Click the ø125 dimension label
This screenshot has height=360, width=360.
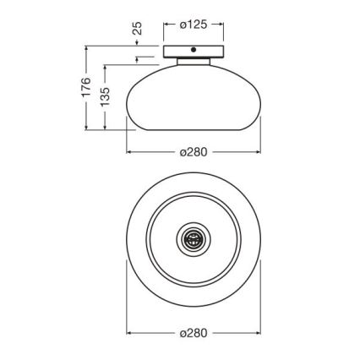coord(194,25)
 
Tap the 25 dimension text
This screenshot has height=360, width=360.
coord(138,28)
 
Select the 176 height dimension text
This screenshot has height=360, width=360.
coord(86,87)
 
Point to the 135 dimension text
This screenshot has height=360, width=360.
coord(105,96)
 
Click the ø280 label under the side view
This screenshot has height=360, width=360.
coord(194,152)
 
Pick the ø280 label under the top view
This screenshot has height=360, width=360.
coord(194,333)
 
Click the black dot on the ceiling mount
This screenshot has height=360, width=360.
coord(194,50)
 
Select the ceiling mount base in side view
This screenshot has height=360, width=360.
coord(194,52)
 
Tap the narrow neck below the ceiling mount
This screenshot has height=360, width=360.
coord(194,62)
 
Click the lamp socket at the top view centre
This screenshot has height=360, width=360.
coord(194,239)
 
